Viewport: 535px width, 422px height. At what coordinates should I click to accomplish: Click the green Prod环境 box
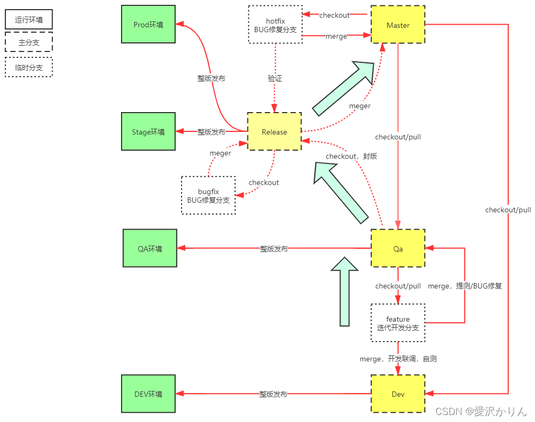[x=148, y=25]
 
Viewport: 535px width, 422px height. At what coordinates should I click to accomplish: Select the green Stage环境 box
[x=148, y=132]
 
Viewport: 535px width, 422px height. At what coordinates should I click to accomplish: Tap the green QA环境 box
[x=149, y=248]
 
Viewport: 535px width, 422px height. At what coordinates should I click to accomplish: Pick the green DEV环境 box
[x=148, y=394]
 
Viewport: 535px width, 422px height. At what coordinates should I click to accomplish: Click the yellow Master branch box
[x=398, y=25]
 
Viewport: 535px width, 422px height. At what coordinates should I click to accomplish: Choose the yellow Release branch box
[x=274, y=131]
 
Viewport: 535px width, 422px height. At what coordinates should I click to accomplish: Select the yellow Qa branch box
[x=398, y=248]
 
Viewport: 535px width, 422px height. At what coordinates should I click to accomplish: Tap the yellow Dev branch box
[x=398, y=394]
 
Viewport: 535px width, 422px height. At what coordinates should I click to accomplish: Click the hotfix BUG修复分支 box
[x=275, y=25]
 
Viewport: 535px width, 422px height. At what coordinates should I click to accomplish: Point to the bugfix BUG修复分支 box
[x=208, y=195]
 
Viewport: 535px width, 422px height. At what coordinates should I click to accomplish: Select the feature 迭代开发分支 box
[x=398, y=323]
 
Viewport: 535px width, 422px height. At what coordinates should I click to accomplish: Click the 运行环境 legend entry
[x=29, y=20]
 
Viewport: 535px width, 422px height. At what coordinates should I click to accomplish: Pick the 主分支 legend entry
[x=29, y=42]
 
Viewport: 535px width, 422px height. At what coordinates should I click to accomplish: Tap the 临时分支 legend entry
[x=29, y=68]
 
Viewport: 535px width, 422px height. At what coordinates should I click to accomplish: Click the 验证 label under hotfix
[x=275, y=78]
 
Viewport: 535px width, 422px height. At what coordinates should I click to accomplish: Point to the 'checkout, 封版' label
[x=351, y=156]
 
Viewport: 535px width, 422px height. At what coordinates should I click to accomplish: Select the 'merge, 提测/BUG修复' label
[x=465, y=286]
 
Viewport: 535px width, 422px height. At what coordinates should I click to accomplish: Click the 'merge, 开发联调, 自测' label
[x=398, y=358]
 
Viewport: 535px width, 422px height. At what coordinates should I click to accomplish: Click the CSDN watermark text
[x=481, y=411]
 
